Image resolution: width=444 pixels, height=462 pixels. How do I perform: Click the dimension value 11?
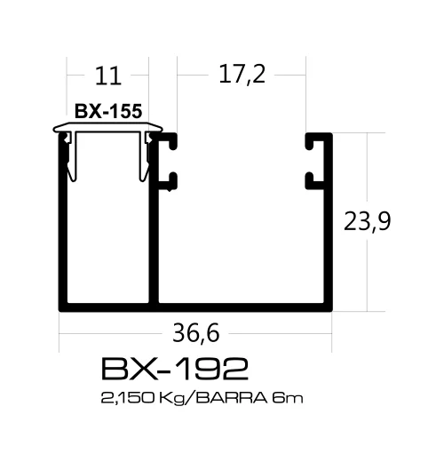pyautogui.click(x=108, y=77)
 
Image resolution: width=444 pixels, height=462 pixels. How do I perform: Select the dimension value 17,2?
pyautogui.click(x=242, y=76)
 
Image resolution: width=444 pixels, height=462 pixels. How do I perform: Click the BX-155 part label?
pyautogui.click(x=109, y=113)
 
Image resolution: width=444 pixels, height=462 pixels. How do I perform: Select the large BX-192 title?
pyautogui.click(x=174, y=369)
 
